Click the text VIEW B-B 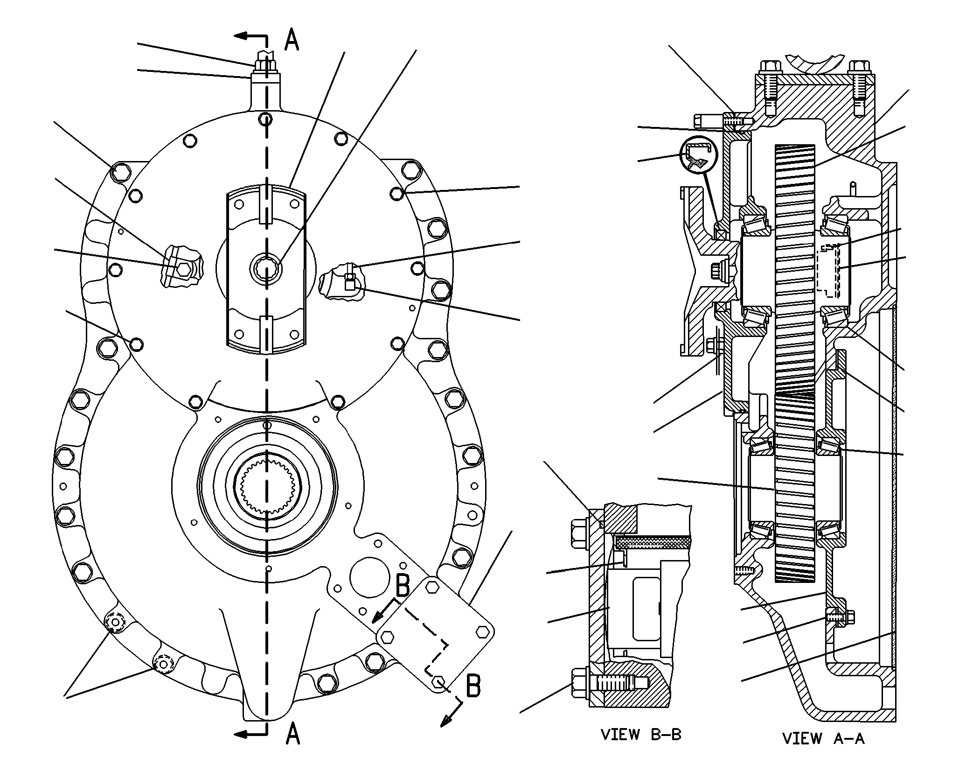click(x=641, y=735)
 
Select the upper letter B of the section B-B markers click(x=403, y=586)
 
